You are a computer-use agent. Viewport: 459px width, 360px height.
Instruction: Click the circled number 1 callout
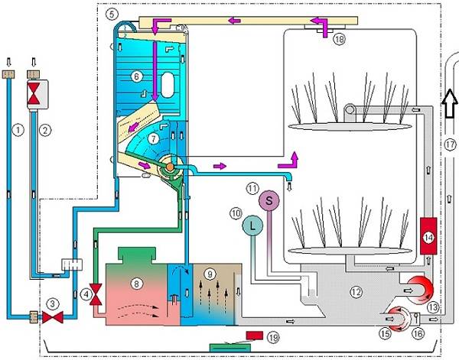point(18,129)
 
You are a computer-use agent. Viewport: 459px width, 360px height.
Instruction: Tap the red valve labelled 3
point(53,317)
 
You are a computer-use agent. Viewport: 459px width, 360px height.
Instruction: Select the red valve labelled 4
point(96,294)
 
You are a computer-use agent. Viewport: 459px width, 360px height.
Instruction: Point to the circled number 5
point(112,14)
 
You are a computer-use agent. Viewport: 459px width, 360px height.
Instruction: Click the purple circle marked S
point(269,200)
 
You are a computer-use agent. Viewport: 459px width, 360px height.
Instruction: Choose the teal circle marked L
point(252,225)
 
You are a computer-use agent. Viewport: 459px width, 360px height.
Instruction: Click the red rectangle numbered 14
point(428,235)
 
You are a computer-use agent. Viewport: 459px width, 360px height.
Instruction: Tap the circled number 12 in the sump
point(356,292)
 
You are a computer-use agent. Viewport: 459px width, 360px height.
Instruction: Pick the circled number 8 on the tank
point(136,283)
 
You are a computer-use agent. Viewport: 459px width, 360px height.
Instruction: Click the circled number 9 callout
point(210,274)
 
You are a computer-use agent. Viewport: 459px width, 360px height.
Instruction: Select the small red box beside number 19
point(255,336)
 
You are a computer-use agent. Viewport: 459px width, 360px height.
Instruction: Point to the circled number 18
point(340,39)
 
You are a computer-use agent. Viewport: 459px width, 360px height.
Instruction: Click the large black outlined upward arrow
point(449,103)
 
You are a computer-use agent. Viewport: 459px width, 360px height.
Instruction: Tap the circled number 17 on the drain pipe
point(451,144)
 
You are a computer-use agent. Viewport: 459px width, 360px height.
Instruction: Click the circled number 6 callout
point(136,76)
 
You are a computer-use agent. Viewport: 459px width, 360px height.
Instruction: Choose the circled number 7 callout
point(154,138)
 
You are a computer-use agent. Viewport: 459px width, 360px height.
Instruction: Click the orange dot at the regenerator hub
point(170,167)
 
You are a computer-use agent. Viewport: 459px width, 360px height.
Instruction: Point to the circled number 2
point(45,131)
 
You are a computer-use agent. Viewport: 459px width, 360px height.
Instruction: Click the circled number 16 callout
point(418,333)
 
